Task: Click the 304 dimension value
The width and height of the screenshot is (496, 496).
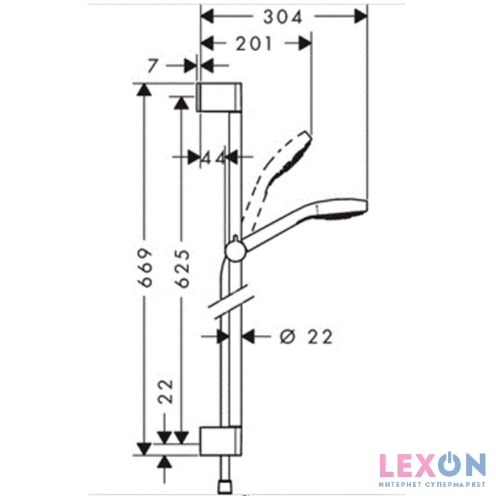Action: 283,17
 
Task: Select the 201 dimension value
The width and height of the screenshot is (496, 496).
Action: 254,44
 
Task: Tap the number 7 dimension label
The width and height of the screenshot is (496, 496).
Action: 153,66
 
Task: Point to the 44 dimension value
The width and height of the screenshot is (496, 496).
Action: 214,157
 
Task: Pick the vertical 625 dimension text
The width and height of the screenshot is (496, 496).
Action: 184,269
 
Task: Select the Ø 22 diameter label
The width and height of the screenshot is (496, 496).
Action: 306,337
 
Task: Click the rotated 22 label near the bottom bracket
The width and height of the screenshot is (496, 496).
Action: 166,391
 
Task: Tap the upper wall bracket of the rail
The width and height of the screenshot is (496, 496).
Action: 219,97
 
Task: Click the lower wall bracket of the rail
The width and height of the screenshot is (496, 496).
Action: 220,441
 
